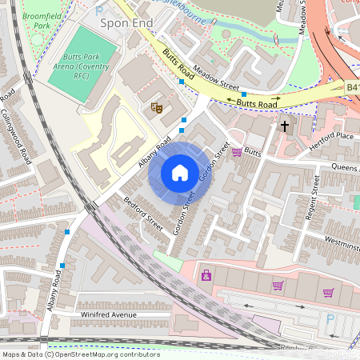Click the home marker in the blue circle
(x=179, y=172)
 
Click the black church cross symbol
(x=285, y=126)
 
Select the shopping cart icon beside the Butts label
(x=237, y=151)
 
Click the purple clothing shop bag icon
(x=206, y=275)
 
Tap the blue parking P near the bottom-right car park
(x=330, y=321)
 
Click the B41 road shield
(x=352, y=87)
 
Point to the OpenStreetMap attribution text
(x=81, y=354)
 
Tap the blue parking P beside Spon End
(x=99, y=10)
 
